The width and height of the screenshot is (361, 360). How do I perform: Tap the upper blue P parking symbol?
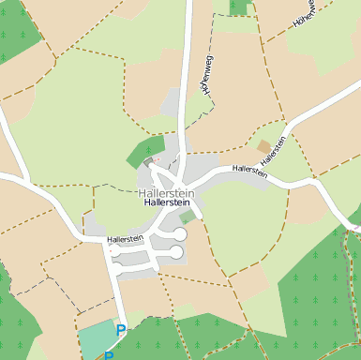120,330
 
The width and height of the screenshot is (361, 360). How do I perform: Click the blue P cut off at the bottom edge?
109,355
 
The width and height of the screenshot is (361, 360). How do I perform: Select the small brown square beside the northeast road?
263,146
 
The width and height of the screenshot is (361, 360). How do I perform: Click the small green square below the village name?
188,217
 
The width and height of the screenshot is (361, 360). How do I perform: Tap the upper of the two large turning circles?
179,234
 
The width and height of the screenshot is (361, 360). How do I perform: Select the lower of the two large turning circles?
176,252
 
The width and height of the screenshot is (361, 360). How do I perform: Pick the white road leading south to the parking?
119,300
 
